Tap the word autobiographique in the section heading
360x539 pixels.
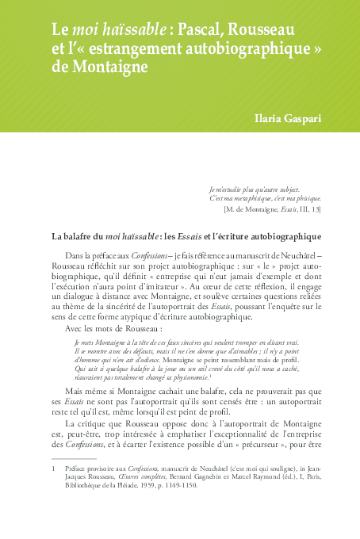click(278, 235)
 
